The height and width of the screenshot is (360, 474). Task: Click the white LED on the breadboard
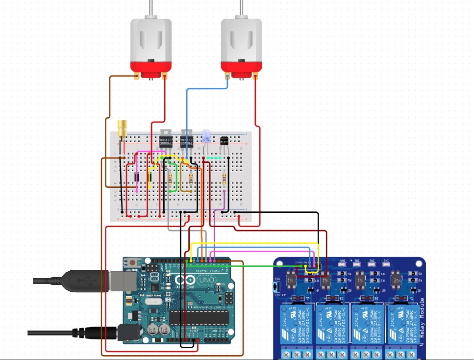coord(206,135)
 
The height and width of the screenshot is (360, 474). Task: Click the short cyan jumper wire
coord(213,158)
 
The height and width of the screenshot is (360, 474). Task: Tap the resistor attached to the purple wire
coord(224,179)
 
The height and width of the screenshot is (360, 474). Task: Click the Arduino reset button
coord(132,263)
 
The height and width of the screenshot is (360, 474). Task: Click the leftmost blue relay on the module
coord(296,324)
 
